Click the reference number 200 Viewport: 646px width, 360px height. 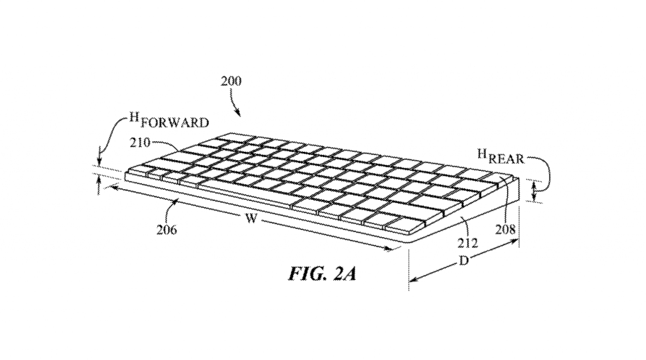(x=231, y=81)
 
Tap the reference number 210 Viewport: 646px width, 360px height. (x=141, y=142)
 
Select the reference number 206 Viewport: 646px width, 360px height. (x=167, y=229)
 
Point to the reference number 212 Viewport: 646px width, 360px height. (x=467, y=243)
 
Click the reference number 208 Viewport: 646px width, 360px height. (x=505, y=229)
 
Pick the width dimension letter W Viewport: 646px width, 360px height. (x=251, y=218)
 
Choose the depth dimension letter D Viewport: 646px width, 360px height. (x=464, y=261)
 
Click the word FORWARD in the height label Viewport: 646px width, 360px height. (x=174, y=123)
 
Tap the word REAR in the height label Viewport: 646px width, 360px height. (x=507, y=159)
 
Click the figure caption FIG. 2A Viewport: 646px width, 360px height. (x=322, y=274)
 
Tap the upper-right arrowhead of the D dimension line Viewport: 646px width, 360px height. (x=512, y=242)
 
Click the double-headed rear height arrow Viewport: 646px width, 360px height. (x=534, y=192)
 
